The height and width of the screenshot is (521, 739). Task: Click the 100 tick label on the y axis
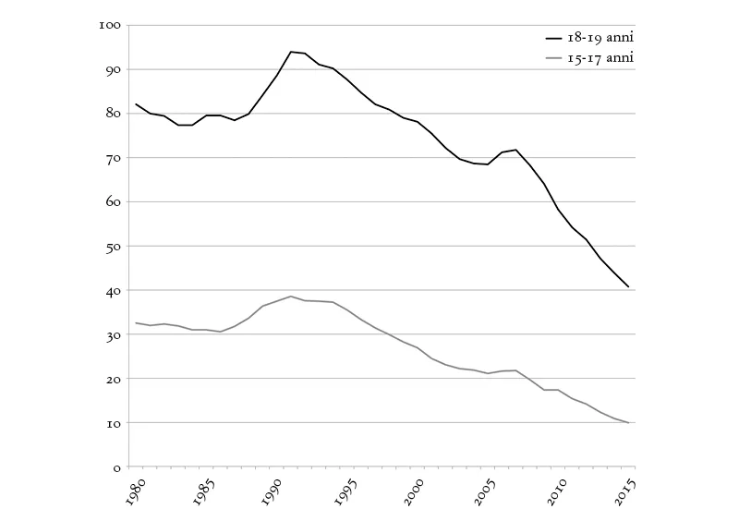[x=110, y=25]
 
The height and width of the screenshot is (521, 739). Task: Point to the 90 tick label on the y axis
[x=113, y=69]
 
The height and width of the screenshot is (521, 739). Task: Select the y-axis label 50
[x=113, y=246]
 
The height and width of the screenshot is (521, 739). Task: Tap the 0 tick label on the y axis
[x=116, y=467]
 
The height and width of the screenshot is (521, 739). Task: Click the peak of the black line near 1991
[x=291, y=52]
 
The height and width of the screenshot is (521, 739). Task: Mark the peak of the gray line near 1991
[x=291, y=297]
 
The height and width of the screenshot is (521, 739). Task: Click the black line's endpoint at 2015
[x=630, y=287]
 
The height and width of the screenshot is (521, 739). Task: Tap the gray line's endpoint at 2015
[x=630, y=423]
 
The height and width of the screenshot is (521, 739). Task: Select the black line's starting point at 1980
[x=136, y=104]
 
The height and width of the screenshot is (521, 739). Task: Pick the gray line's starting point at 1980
[x=136, y=323]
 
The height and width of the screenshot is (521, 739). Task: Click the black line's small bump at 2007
[x=516, y=150]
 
